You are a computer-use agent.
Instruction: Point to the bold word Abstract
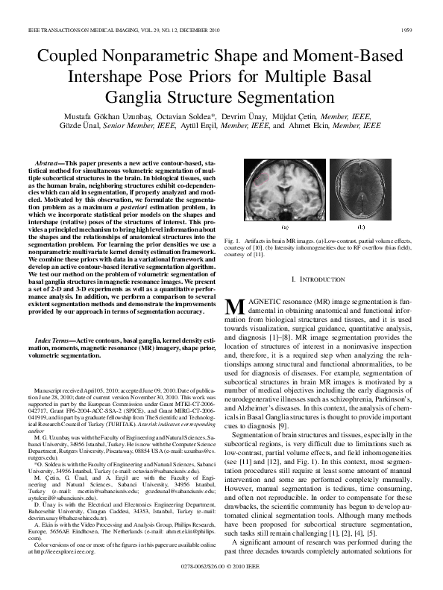coord(50,162)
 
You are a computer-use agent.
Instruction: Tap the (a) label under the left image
coord(283,225)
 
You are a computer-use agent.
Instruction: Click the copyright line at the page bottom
coord(221,567)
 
